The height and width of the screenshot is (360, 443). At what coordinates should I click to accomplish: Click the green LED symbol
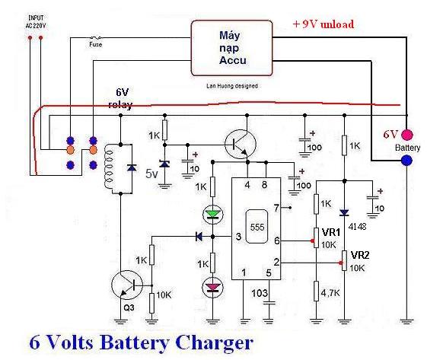[x=213, y=215]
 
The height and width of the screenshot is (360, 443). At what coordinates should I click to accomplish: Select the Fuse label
[x=95, y=44]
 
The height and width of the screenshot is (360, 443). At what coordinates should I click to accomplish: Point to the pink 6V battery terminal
[x=406, y=135]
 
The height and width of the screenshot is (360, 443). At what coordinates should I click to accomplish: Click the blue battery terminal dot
[x=406, y=161]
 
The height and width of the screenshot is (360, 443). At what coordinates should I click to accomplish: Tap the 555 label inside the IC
[x=257, y=227]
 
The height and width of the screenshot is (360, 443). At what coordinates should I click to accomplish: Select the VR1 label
[x=331, y=232]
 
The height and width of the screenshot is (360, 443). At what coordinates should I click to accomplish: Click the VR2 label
[x=360, y=255]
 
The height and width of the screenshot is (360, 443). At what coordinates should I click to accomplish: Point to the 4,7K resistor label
[x=330, y=293]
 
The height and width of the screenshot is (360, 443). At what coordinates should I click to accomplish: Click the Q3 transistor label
[x=129, y=307]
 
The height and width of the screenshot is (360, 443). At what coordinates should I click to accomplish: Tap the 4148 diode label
[x=358, y=226]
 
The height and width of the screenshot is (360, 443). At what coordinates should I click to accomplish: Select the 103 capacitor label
[x=260, y=293]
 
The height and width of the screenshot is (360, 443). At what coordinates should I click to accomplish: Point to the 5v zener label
[x=151, y=174]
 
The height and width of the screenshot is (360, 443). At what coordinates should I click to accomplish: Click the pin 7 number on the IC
[x=276, y=208]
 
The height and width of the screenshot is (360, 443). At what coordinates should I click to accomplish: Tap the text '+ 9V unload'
[x=323, y=24]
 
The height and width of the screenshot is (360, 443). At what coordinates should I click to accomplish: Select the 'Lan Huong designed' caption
[x=232, y=85]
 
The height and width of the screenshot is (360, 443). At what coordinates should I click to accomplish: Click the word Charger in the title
[x=214, y=343]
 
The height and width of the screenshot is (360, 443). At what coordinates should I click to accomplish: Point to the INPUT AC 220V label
[x=35, y=22]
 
